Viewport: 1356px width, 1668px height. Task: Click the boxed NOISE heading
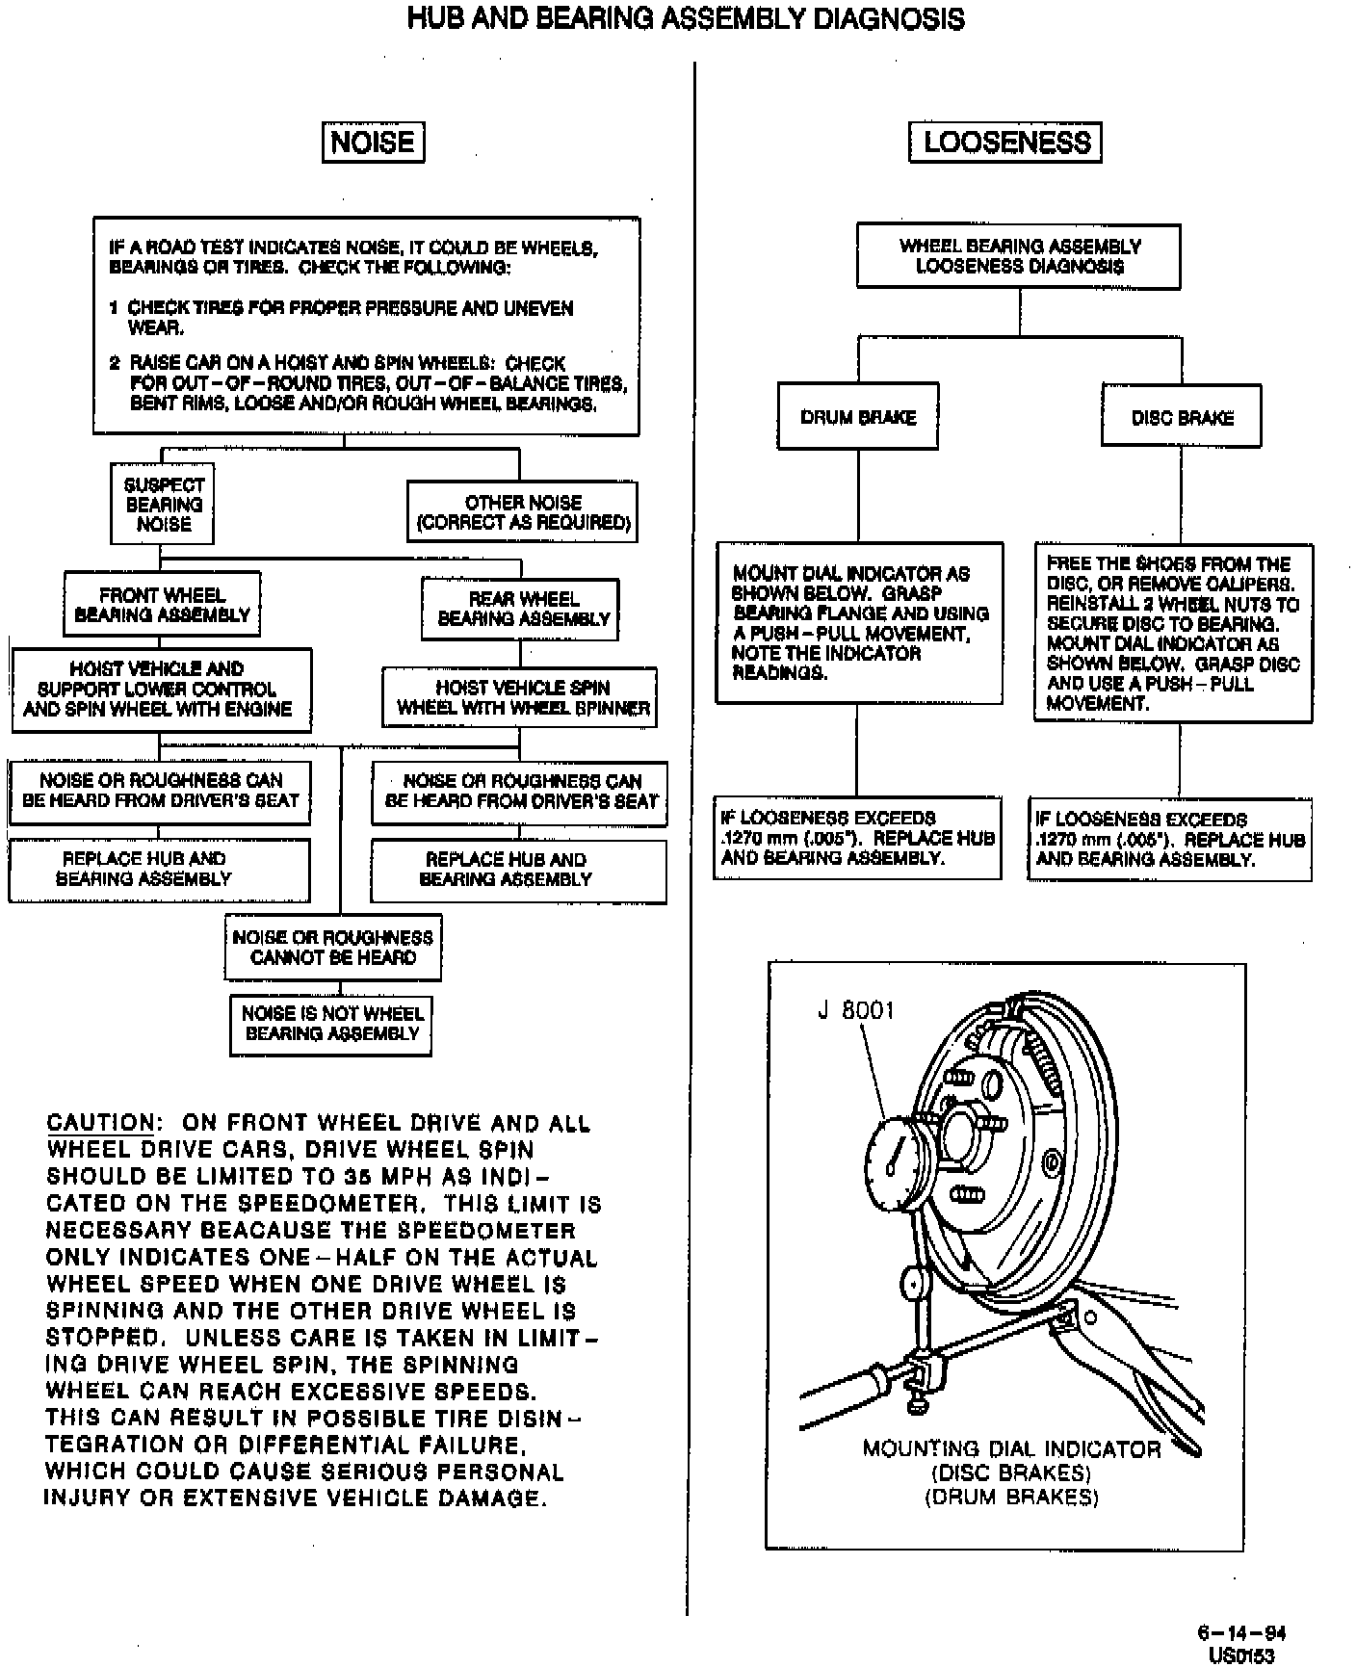pos(372,143)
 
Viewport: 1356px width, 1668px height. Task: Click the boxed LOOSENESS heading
pos(1005,143)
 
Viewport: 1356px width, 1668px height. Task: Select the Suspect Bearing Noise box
pos(164,505)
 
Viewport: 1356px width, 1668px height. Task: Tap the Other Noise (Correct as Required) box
pos(522,512)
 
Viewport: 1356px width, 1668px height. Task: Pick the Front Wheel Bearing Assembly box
pos(162,605)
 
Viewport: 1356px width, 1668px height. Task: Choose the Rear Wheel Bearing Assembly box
pos(520,609)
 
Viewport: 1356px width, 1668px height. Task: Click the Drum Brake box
pos(857,417)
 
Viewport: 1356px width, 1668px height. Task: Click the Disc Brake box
pos(1182,418)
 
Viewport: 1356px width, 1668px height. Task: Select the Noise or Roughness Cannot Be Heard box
pos(333,947)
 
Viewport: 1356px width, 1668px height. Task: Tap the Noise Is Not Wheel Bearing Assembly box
pos(331,1023)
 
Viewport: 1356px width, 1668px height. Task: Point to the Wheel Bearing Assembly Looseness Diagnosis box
pos(1019,256)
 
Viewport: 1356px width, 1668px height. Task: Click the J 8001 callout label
pos(856,1010)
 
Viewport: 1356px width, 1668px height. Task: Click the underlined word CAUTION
pos(100,1123)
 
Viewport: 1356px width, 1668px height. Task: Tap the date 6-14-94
pos(1241,1632)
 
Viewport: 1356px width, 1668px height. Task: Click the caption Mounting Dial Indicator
pos(1011,1449)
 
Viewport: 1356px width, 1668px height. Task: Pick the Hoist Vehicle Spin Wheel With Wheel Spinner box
pos(520,698)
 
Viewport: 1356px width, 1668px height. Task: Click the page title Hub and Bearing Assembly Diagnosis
pos(686,18)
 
